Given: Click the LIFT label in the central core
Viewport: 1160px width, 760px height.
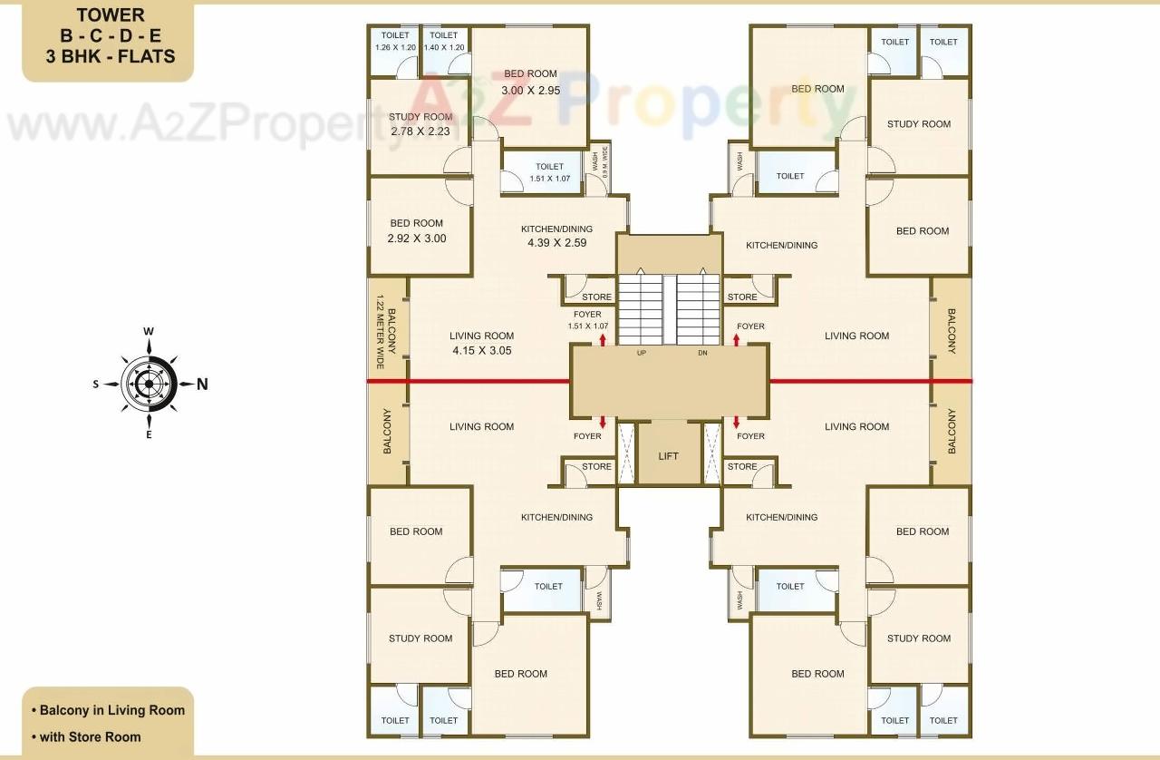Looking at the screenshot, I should (669, 456).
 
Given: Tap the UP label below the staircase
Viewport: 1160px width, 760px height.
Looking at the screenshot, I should (642, 353).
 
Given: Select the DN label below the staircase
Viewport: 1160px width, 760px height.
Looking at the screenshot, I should (701, 353).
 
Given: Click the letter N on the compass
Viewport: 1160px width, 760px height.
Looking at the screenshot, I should (202, 384).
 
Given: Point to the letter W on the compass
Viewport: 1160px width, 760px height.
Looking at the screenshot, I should (148, 332).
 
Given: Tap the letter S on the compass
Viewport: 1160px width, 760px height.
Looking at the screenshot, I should (96, 384).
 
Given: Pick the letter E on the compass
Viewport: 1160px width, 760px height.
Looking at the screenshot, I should (149, 435).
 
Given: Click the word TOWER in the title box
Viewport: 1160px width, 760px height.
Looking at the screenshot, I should (110, 15).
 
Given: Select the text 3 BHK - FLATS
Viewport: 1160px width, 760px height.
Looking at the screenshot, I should (110, 56).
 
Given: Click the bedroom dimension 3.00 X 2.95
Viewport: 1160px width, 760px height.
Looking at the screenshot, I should (530, 90).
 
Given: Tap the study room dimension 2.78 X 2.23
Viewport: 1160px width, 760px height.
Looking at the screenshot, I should (420, 132).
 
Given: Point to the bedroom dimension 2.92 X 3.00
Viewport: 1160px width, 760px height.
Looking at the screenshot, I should (416, 239).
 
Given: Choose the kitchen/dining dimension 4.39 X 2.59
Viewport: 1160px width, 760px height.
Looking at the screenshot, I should (556, 243).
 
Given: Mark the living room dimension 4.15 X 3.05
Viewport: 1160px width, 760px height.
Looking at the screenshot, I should (481, 350).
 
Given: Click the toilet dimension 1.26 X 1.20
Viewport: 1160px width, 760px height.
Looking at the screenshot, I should (395, 47).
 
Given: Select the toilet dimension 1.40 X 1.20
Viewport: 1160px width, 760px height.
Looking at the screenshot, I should (443, 47).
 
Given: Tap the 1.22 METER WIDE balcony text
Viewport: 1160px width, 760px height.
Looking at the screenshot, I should (381, 332).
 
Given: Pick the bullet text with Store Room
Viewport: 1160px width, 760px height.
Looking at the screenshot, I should (90, 736).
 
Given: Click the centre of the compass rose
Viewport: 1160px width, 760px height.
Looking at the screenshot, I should (149, 384).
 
